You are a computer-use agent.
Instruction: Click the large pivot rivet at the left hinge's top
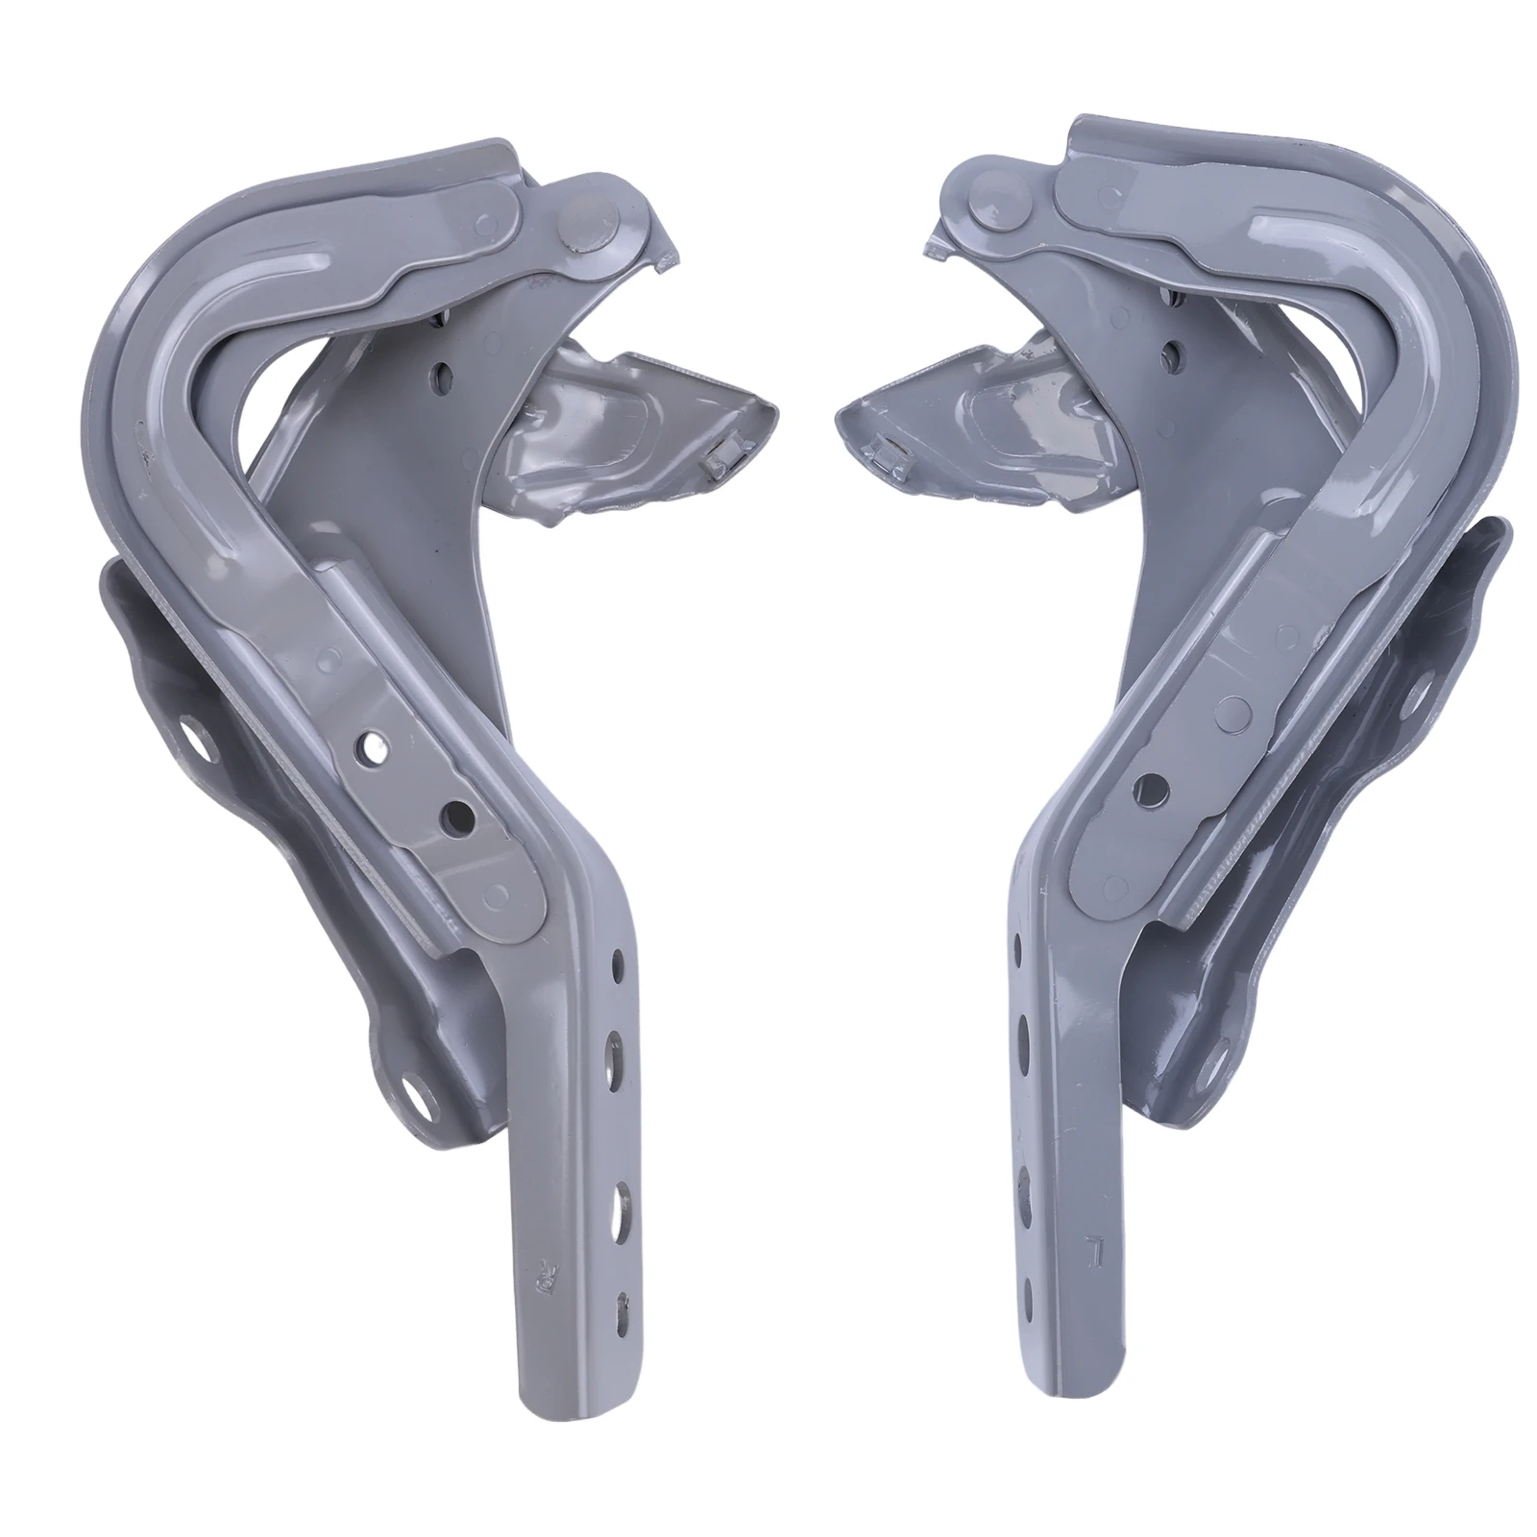(587, 217)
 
